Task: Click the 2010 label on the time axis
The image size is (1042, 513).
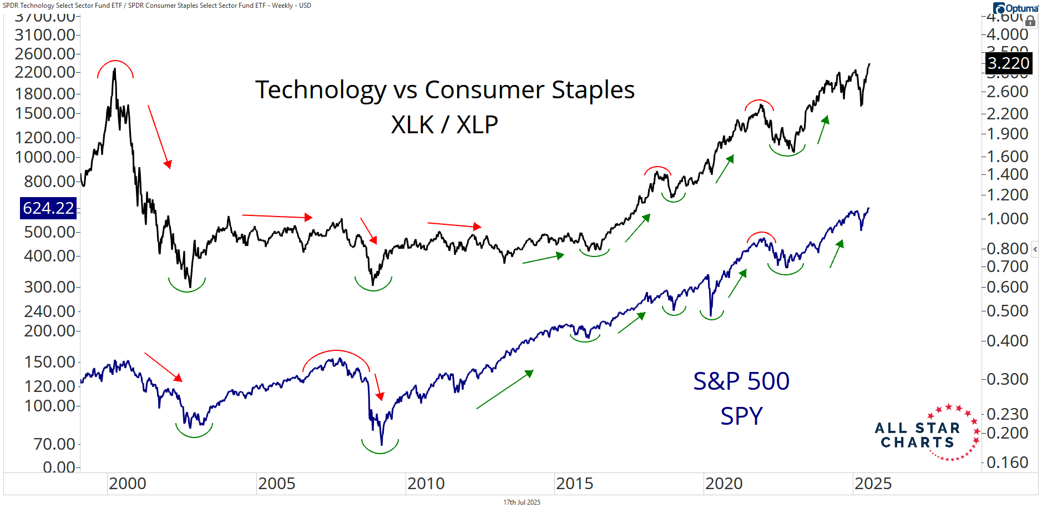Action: coord(426,484)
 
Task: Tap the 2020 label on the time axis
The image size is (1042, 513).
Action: coord(724,484)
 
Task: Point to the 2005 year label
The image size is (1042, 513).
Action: coord(276,484)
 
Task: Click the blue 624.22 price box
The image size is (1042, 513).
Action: coord(48,208)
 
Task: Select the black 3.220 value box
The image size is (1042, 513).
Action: coord(1008,63)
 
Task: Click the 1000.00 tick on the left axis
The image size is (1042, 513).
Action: coord(45,157)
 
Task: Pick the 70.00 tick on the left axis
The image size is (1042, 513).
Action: coord(54,444)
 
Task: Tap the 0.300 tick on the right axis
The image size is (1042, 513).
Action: coord(1007,379)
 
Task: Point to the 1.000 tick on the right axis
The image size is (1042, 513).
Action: coord(1007,219)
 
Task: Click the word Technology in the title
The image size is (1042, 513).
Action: coord(321,90)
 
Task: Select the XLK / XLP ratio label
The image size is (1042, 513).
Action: coord(444,125)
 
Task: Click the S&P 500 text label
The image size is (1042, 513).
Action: coord(741,381)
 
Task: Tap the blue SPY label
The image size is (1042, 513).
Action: coord(741,416)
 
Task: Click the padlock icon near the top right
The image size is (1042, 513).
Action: coord(1030,21)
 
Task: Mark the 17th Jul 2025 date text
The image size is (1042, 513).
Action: coord(522,502)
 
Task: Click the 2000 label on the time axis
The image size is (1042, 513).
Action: coord(127,484)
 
